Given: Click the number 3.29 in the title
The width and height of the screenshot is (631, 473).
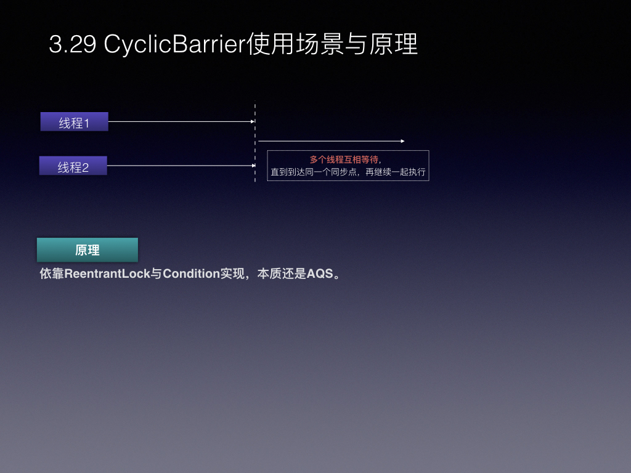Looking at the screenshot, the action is tap(73, 44).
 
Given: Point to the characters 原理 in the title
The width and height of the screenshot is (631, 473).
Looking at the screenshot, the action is tap(394, 44).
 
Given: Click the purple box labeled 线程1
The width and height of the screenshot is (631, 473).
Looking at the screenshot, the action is tap(75, 121).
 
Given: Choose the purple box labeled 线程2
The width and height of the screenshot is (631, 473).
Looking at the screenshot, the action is tap(73, 166).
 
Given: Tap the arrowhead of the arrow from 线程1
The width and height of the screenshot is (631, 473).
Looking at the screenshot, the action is tap(253, 121).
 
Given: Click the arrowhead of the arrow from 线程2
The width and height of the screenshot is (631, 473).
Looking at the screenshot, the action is tap(253, 166).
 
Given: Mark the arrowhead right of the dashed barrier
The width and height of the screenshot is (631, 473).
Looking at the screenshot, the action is tap(402, 141).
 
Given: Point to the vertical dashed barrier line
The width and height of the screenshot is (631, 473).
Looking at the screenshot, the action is tap(255, 141).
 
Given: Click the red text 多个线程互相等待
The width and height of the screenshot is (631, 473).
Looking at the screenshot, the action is tap(344, 160).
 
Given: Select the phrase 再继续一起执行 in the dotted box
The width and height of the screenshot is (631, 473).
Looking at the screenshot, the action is tap(395, 172).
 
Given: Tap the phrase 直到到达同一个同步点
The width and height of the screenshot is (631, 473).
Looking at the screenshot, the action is tap(314, 172).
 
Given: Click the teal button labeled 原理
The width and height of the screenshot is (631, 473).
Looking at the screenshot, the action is tap(88, 250).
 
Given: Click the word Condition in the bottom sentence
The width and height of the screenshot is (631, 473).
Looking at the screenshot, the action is tap(191, 274).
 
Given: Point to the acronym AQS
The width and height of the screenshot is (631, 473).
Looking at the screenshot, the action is tap(320, 274).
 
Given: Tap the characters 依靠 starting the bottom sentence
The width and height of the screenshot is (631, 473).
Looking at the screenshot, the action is tap(52, 274).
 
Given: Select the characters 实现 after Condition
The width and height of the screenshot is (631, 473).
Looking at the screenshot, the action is tap(232, 274).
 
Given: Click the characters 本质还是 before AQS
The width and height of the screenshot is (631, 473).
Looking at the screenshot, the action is tap(282, 274).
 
